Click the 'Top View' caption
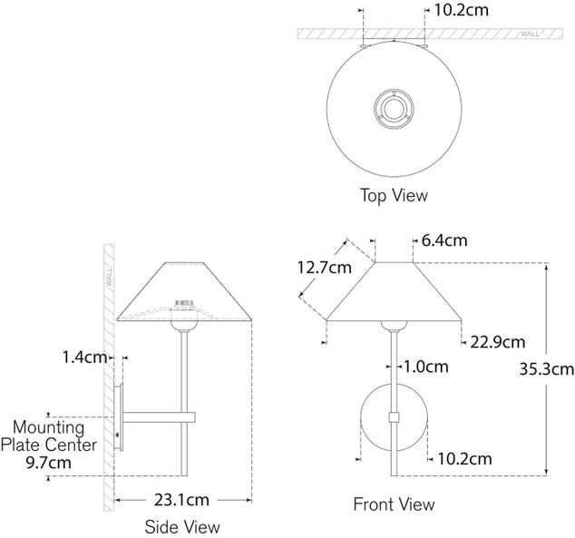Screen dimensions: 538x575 [x=394, y=195]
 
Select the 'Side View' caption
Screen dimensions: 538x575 [x=182, y=526]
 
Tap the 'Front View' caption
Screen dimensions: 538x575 [x=394, y=504]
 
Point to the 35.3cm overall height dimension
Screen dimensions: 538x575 [x=546, y=368]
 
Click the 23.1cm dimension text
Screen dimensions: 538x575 [x=181, y=499]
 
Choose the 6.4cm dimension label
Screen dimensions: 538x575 [x=444, y=240]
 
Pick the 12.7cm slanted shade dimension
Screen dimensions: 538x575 [x=324, y=268]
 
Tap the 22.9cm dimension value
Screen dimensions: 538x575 [x=497, y=341]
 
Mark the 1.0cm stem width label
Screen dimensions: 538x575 [x=424, y=367]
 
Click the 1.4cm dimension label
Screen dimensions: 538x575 [x=85, y=357]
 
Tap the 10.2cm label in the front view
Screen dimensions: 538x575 [x=464, y=459]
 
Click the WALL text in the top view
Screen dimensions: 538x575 [x=531, y=34]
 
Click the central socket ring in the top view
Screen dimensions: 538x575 [x=394, y=110]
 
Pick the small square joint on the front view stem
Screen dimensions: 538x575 [x=394, y=417]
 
